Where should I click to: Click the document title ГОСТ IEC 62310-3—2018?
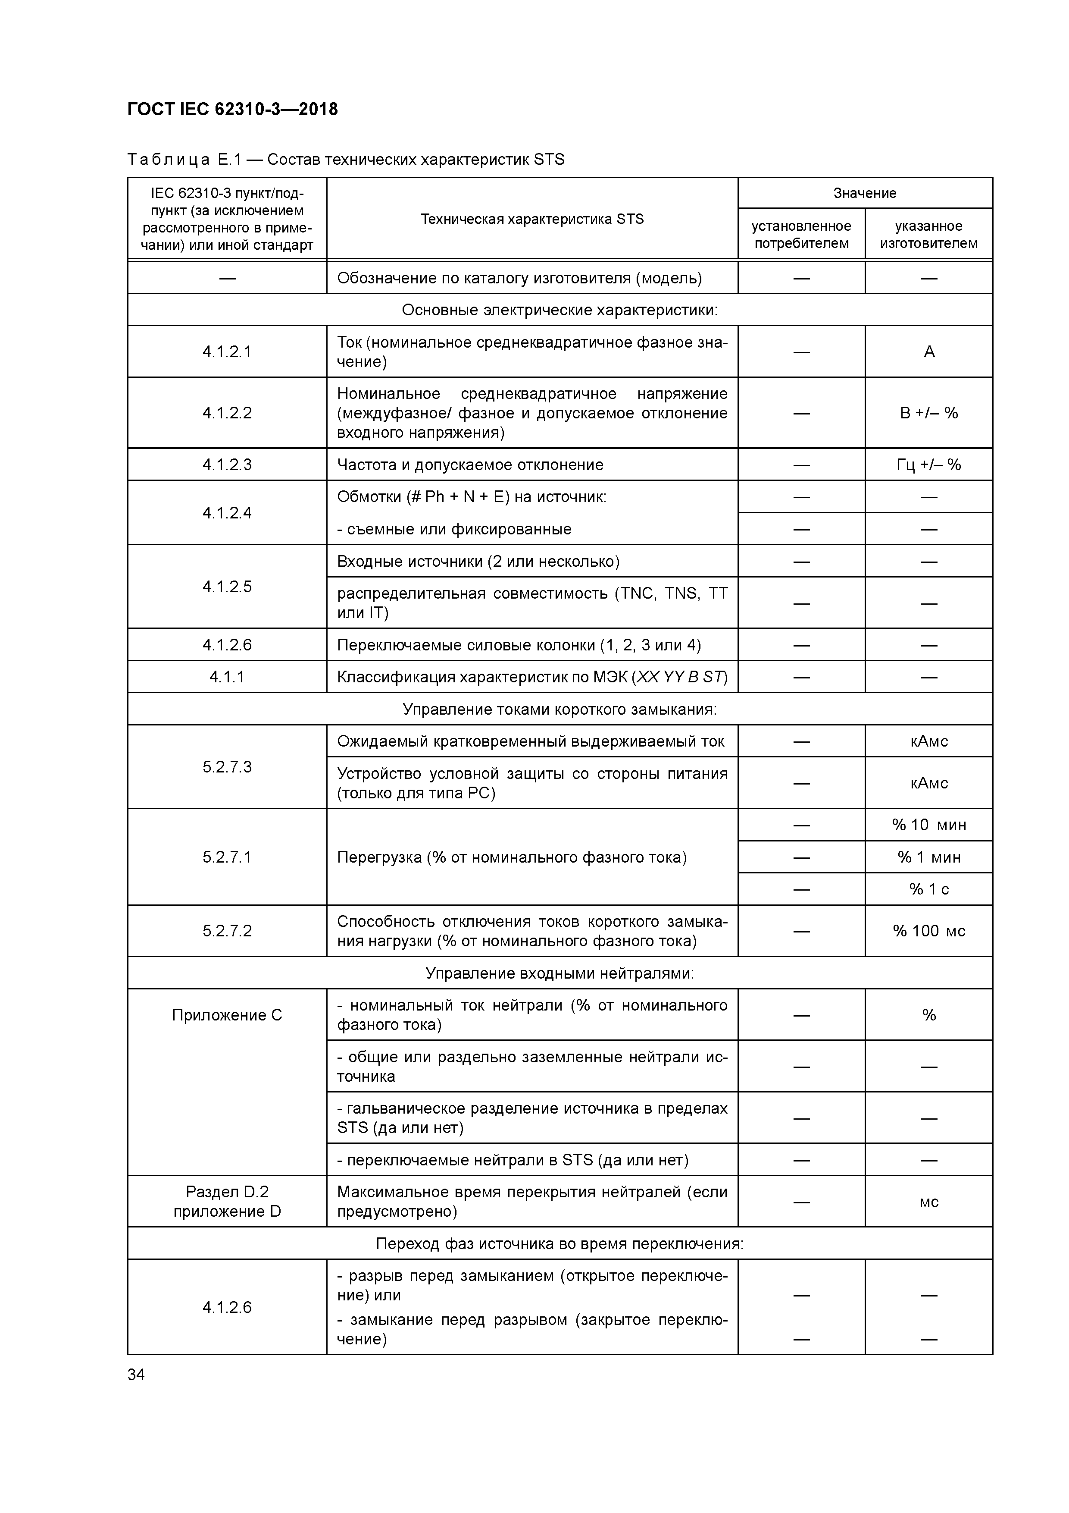(232, 110)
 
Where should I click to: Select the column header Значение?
(864, 193)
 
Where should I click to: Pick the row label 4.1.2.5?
(227, 587)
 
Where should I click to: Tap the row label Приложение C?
(227, 1015)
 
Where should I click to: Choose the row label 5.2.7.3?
(227, 766)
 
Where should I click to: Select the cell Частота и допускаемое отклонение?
(469, 465)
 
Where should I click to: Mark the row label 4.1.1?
(227, 677)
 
